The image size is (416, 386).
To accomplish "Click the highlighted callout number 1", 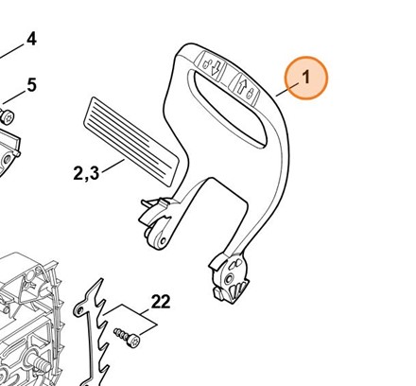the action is click(305, 78).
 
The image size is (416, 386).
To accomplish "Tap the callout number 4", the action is click(31, 40).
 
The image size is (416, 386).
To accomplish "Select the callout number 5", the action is click(31, 85).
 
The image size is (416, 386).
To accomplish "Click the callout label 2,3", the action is click(86, 173).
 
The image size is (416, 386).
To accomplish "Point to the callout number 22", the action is click(161, 302).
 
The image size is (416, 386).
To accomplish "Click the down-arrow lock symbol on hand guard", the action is click(211, 65).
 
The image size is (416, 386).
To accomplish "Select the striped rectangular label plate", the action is click(131, 142).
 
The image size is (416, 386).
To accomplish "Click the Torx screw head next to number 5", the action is click(7, 117).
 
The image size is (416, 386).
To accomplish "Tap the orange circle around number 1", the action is click(306, 78).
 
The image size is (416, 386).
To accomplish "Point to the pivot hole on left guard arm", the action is click(163, 241).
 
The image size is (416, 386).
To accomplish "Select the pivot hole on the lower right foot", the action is click(229, 277).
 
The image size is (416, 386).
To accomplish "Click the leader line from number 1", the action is click(286, 89).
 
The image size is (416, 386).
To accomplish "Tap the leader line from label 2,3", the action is click(113, 166).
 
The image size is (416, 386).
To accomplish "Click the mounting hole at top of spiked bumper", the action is click(80, 310).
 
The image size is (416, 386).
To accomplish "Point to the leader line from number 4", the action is click(11, 52).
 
